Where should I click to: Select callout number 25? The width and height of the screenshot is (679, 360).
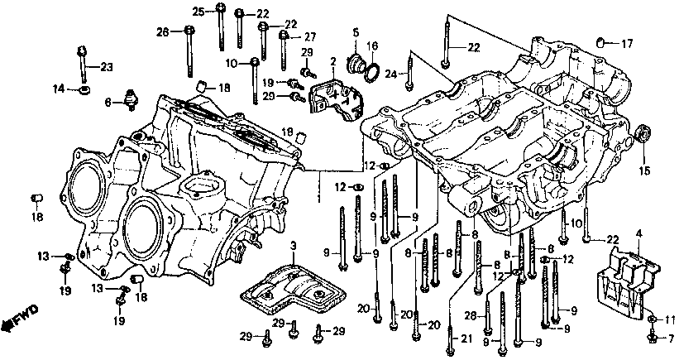click(198, 12)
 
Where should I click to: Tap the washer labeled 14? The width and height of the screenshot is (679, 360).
click(84, 90)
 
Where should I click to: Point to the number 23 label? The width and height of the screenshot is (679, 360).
click(107, 67)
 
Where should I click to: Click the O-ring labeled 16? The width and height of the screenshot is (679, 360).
click(372, 73)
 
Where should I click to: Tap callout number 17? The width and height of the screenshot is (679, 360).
click(627, 43)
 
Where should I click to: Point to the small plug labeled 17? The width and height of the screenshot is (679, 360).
click(600, 42)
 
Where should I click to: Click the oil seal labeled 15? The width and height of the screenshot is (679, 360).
click(642, 133)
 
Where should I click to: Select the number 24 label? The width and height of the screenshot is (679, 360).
click(391, 75)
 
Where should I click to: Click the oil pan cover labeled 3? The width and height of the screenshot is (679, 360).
click(294, 290)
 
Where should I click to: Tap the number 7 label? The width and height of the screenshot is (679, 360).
click(672, 337)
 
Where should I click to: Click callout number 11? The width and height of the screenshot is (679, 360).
click(670, 320)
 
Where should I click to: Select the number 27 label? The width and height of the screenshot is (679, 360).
click(310, 37)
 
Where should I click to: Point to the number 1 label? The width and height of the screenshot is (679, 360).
click(318, 199)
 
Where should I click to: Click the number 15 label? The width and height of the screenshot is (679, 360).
click(644, 170)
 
